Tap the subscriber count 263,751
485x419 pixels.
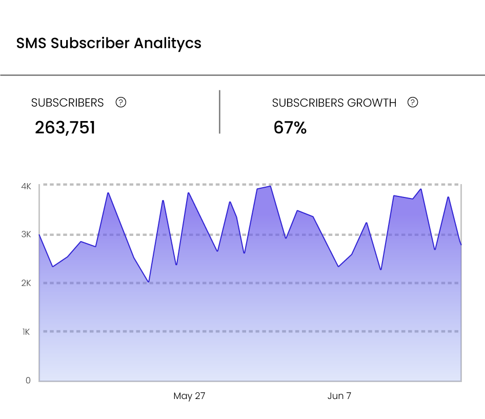point(65,128)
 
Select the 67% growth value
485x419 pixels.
point(290,128)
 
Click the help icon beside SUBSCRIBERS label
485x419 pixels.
point(121,102)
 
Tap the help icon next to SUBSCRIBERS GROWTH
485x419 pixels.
point(413,102)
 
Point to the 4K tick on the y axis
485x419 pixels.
point(26,186)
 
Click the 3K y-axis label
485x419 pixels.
point(26,234)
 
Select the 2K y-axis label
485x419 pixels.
point(26,283)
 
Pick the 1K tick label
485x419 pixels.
point(26,332)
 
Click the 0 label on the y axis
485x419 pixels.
point(28,381)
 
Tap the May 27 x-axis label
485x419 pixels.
point(189,396)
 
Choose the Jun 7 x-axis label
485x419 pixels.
point(339,396)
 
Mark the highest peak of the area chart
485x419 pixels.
point(270,186)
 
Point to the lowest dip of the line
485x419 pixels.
point(149,282)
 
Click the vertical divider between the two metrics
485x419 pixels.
point(219,112)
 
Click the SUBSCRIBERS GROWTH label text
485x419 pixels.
point(334,103)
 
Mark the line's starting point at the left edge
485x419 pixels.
point(39,235)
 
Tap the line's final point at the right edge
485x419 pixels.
point(461,245)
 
